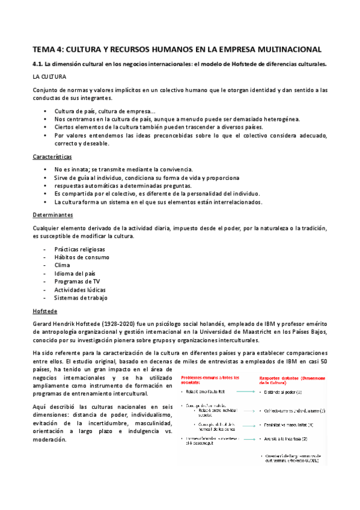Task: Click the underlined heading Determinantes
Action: tap(53, 214)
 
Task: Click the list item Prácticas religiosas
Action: tap(79, 249)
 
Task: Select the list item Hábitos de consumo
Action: tap(82, 257)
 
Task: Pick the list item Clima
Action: tap(62, 265)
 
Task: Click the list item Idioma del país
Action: tap(75, 273)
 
